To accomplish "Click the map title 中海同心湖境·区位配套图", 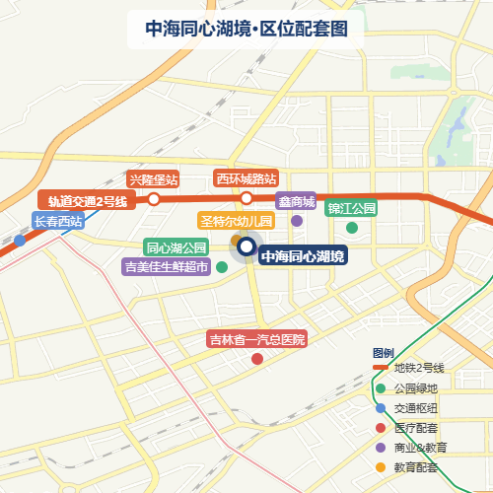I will click(x=246, y=30).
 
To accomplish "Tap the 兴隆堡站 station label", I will click(x=153, y=179).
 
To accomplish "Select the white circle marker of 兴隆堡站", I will click(x=154, y=199).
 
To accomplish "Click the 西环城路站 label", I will click(x=246, y=178).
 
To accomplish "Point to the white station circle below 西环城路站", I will click(x=246, y=198).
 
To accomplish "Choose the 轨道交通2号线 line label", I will click(x=89, y=201).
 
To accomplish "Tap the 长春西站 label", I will click(x=58, y=221).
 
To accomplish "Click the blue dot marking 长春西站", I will click(x=20, y=240).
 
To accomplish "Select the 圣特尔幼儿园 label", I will click(x=236, y=221).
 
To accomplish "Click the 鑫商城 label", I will click(x=296, y=202).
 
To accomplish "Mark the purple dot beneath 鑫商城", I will click(x=297, y=221).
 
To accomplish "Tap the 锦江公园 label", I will click(x=352, y=208).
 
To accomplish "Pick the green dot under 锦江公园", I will click(x=352, y=228).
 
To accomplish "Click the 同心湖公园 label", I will click(x=176, y=246).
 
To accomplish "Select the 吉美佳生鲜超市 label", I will click(x=166, y=266).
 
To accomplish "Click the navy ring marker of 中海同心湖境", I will click(x=246, y=246).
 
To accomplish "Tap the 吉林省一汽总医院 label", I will click(x=257, y=339).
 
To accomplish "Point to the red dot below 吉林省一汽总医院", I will click(x=257, y=359).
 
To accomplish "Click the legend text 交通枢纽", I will click(x=416, y=408).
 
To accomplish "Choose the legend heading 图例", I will click(x=384, y=353).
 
